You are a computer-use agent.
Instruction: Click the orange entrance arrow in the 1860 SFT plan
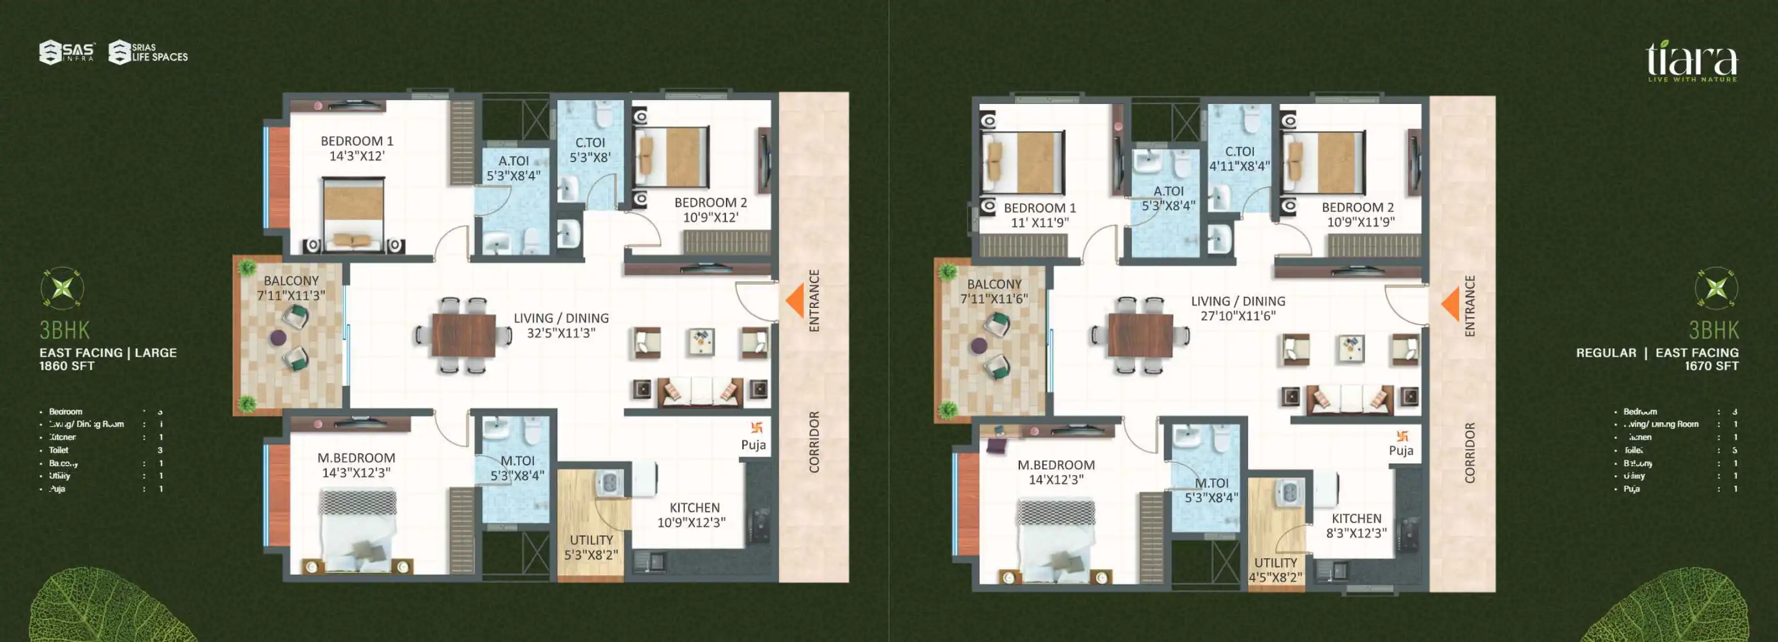796,301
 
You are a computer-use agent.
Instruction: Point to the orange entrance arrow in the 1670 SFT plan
1451,304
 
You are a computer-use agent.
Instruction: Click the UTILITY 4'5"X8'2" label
1275,569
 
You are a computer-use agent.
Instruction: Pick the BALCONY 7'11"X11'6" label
993,291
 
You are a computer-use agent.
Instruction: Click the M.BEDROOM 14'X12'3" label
1055,472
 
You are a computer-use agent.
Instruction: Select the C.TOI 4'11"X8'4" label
1239,159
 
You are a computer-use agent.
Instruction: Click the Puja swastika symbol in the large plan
756,428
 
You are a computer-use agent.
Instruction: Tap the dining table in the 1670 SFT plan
1140,335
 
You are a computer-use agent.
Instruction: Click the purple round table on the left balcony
278,338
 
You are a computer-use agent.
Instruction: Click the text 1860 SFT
66,366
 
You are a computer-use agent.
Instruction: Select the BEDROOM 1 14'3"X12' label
356,148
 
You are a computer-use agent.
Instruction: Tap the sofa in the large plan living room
700,392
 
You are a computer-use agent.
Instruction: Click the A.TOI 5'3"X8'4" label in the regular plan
1168,198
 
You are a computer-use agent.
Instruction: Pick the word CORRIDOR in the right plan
1470,452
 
